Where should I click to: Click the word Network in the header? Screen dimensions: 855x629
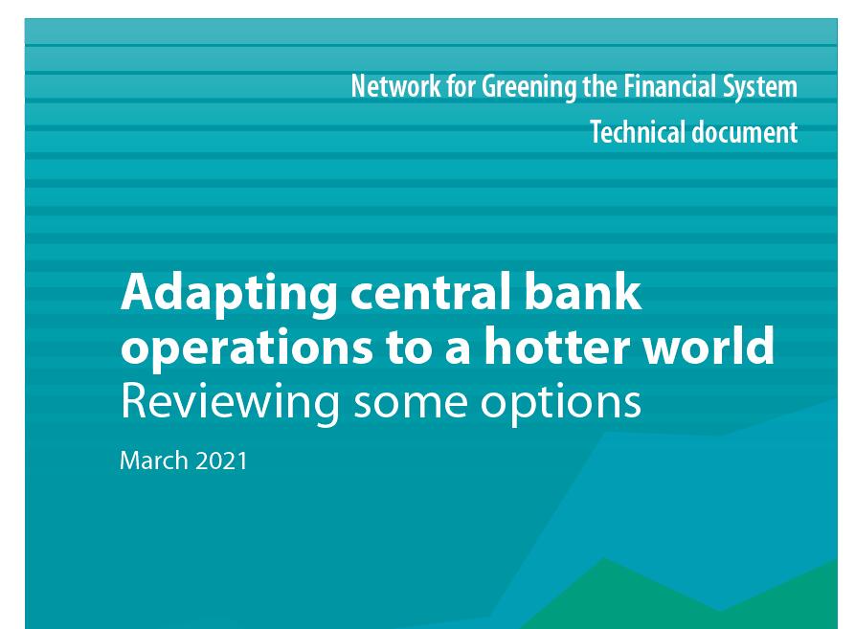point(395,86)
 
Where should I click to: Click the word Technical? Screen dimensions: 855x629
point(638,132)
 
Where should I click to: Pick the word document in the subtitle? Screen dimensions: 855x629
point(745,132)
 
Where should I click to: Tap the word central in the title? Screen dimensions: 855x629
point(430,291)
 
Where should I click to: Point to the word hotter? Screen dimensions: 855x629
point(556,346)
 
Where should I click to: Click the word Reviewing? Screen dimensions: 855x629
point(230,404)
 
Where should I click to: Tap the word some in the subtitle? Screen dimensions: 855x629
point(410,406)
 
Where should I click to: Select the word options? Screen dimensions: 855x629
point(560,404)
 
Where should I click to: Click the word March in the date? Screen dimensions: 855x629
point(154,461)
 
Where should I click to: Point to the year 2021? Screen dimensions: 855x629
point(221,461)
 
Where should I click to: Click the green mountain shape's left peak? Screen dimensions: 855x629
point(603,559)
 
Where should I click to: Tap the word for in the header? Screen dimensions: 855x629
point(461,86)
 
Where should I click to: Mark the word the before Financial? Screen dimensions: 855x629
point(599,86)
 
